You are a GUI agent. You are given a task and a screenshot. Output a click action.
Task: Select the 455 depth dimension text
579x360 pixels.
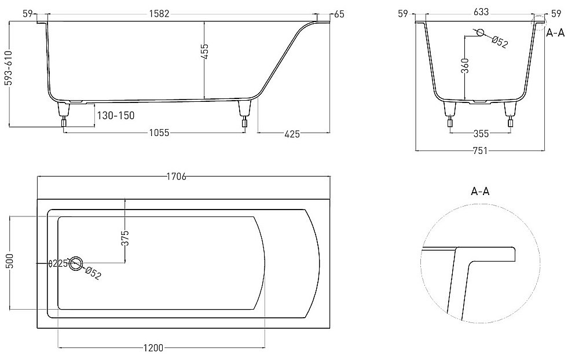[204, 52]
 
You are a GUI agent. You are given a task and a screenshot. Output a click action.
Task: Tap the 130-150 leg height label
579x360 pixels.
[115, 115]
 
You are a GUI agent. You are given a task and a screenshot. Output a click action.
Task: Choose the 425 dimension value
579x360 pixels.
[292, 134]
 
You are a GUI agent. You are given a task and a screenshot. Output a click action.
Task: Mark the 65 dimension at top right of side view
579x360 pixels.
[339, 14]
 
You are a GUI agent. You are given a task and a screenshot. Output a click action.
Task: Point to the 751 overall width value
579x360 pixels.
[479, 151]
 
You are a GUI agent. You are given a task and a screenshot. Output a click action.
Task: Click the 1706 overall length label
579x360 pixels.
[176, 177]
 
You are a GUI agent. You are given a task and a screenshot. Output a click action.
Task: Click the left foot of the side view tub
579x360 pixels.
[63, 114]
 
